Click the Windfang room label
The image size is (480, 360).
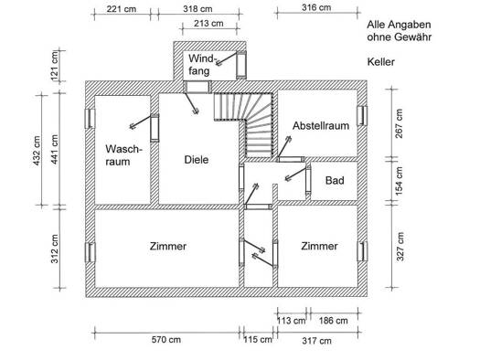202,65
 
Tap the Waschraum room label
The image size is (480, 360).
123,155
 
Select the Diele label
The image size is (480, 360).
197,160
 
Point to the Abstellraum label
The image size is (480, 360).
321,126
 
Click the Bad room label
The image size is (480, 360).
335,181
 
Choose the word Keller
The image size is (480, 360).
381,62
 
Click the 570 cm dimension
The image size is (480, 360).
165,340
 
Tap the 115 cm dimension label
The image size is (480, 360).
258,340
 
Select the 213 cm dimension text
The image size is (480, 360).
208,23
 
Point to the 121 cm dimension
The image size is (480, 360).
55,66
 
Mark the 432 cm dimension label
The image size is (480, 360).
37,151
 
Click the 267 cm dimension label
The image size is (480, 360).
400,123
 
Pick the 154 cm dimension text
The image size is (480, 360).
400,181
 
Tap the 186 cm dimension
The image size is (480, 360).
334,321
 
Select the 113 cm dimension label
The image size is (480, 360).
291,321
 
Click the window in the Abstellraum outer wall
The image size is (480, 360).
362,116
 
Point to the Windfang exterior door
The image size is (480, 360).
241,64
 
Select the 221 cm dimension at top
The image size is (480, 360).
122,9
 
